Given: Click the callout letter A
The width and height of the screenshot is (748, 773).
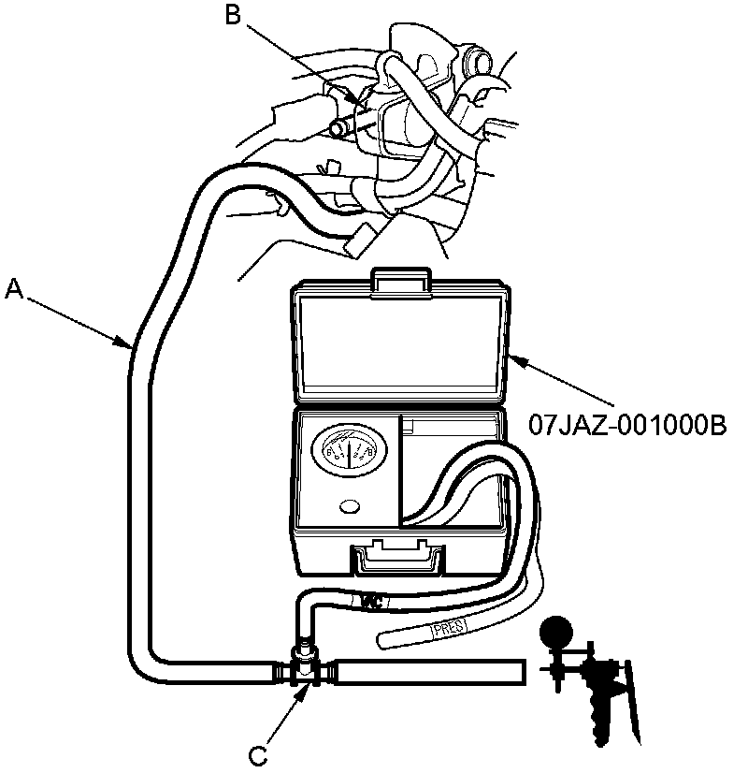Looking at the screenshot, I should (12, 290).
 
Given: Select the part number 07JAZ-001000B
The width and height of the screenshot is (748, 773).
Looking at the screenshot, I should (627, 426).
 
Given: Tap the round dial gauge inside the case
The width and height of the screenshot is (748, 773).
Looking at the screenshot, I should (347, 454).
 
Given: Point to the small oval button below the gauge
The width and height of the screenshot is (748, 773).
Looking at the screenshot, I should (351, 506).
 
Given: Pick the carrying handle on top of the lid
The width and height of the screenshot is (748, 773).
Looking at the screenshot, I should (401, 279).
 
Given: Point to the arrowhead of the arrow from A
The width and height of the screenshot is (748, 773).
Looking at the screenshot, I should (132, 347).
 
